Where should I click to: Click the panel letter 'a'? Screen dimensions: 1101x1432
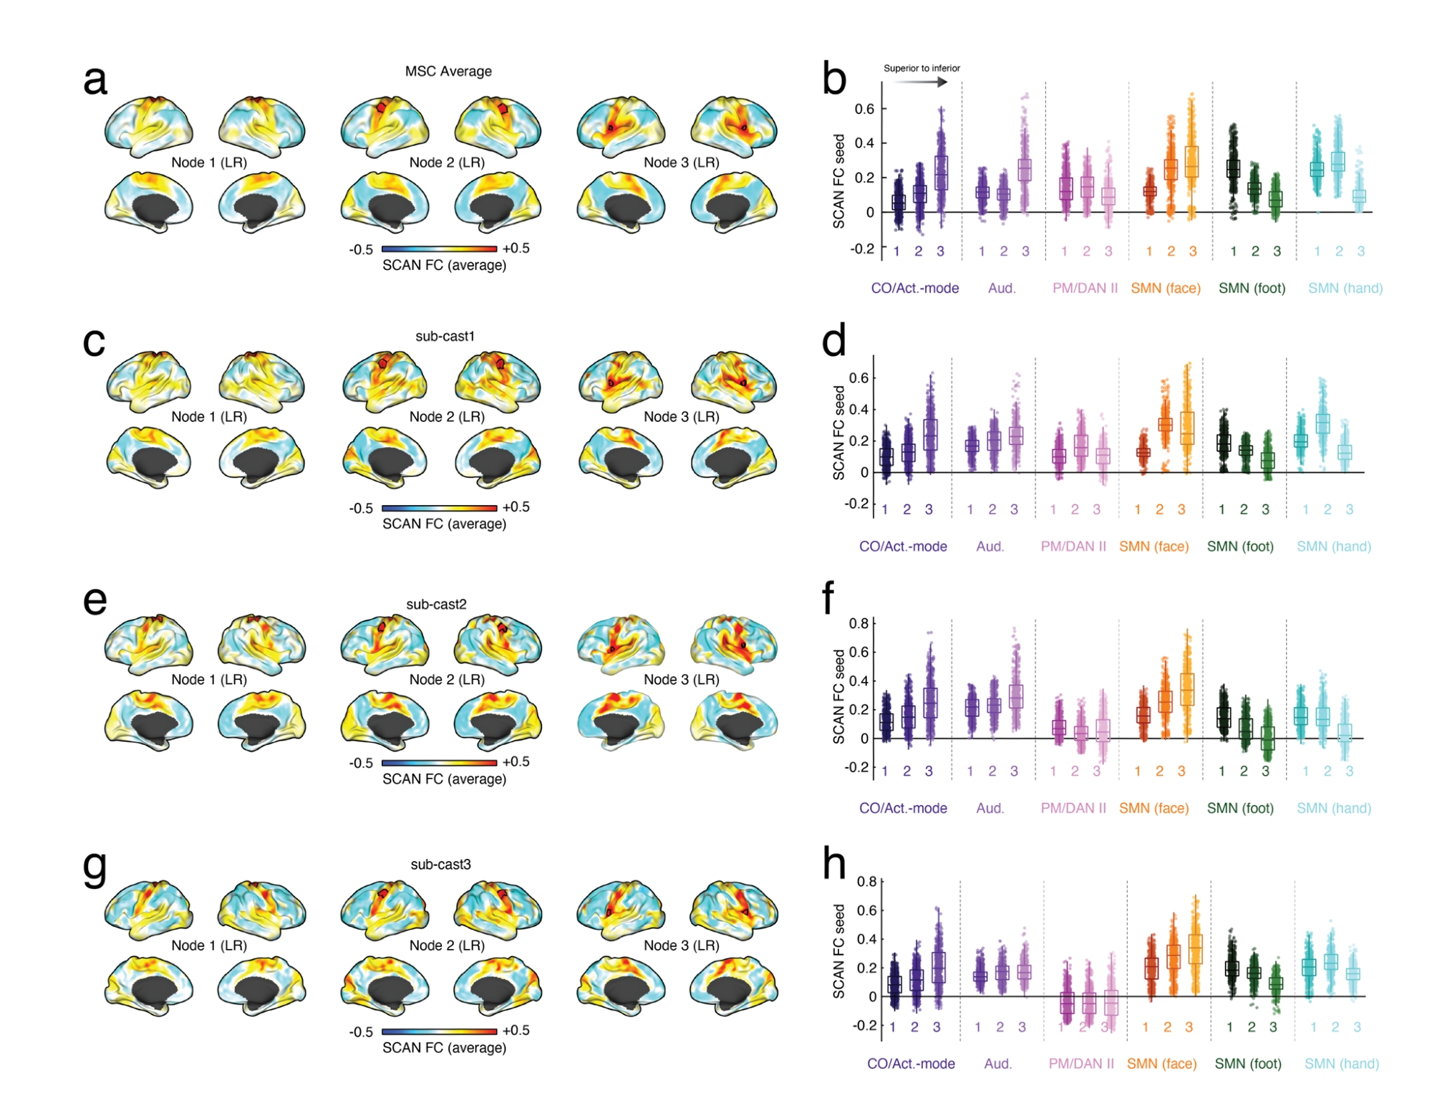point(95,80)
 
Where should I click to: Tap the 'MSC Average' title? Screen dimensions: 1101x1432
point(448,72)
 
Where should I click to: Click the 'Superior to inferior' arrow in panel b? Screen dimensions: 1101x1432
point(921,82)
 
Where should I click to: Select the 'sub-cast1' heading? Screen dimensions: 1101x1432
point(445,336)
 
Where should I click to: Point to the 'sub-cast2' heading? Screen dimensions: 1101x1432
point(436,605)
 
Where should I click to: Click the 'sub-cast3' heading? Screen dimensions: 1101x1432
point(440,865)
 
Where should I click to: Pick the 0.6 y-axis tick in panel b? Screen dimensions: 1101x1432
point(864,109)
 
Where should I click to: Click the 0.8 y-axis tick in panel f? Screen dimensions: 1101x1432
point(858,623)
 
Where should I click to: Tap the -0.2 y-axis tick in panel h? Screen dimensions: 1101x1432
point(864,1025)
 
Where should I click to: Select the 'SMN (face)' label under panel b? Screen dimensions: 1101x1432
point(1166,288)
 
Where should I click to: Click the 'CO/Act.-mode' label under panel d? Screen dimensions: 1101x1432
point(903,547)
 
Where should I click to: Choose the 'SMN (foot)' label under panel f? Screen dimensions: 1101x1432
point(1240,808)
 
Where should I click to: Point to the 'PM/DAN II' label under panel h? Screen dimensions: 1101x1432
point(1081,1064)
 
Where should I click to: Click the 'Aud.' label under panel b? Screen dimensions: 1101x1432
point(1002,288)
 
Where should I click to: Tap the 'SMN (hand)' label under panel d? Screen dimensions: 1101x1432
point(1334,547)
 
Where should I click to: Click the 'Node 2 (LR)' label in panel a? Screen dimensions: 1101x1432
point(447,163)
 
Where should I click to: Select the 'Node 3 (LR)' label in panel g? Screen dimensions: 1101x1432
point(681,946)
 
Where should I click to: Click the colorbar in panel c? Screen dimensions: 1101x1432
point(439,508)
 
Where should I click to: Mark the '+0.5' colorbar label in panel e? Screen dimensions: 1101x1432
point(516,761)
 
